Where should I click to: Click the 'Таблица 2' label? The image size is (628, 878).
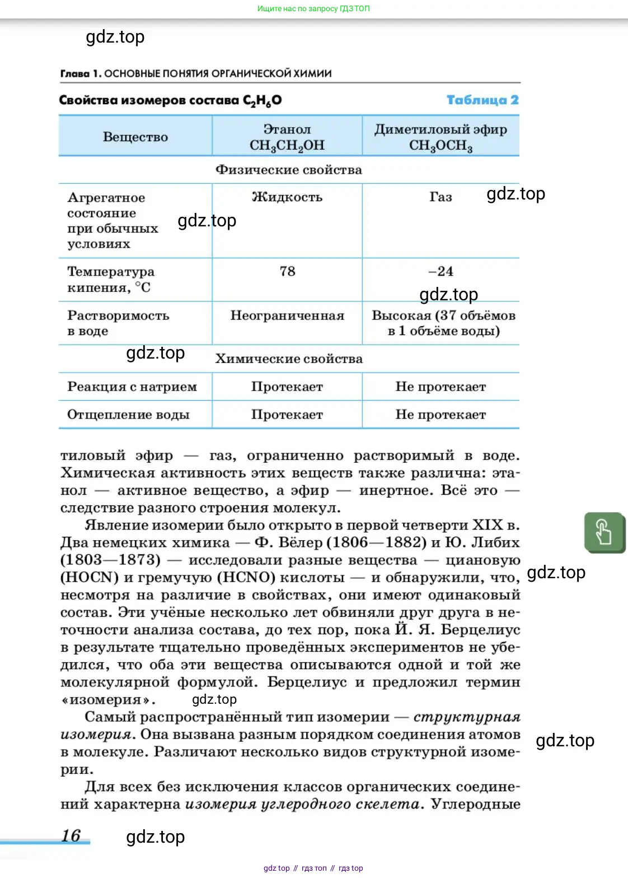[x=482, y=100]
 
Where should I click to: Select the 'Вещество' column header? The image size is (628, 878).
[x=135, y=137]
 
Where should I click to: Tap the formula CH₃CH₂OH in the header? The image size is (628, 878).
[x=287, y=146]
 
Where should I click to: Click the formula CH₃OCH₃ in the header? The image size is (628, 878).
[x=440, y=146]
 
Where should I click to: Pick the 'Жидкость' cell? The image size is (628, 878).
[x=287, y=197]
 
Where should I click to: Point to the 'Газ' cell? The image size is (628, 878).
[x=440, y=197]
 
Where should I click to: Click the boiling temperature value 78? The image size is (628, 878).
[x=287, y=272]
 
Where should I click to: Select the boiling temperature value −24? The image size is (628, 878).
[x=440, y=272]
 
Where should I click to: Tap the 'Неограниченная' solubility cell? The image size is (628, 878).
[x=287, y=316]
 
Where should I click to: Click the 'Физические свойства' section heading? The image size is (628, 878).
[x=289, y=170]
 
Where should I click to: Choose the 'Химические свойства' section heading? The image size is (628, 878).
[x=289, y=359]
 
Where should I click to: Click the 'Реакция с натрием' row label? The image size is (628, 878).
[x=132, y=387]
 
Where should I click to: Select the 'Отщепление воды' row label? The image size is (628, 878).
[x=128, y=415]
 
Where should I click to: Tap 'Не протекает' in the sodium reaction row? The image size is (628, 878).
[x=440, y=387]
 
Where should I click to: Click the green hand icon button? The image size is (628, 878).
[x=604, y=532]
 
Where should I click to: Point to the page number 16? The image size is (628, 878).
[x=71, y=835]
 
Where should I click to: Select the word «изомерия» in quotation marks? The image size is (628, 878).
[x=108, y=700]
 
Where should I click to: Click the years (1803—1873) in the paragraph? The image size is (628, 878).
[x=110, y=560]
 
